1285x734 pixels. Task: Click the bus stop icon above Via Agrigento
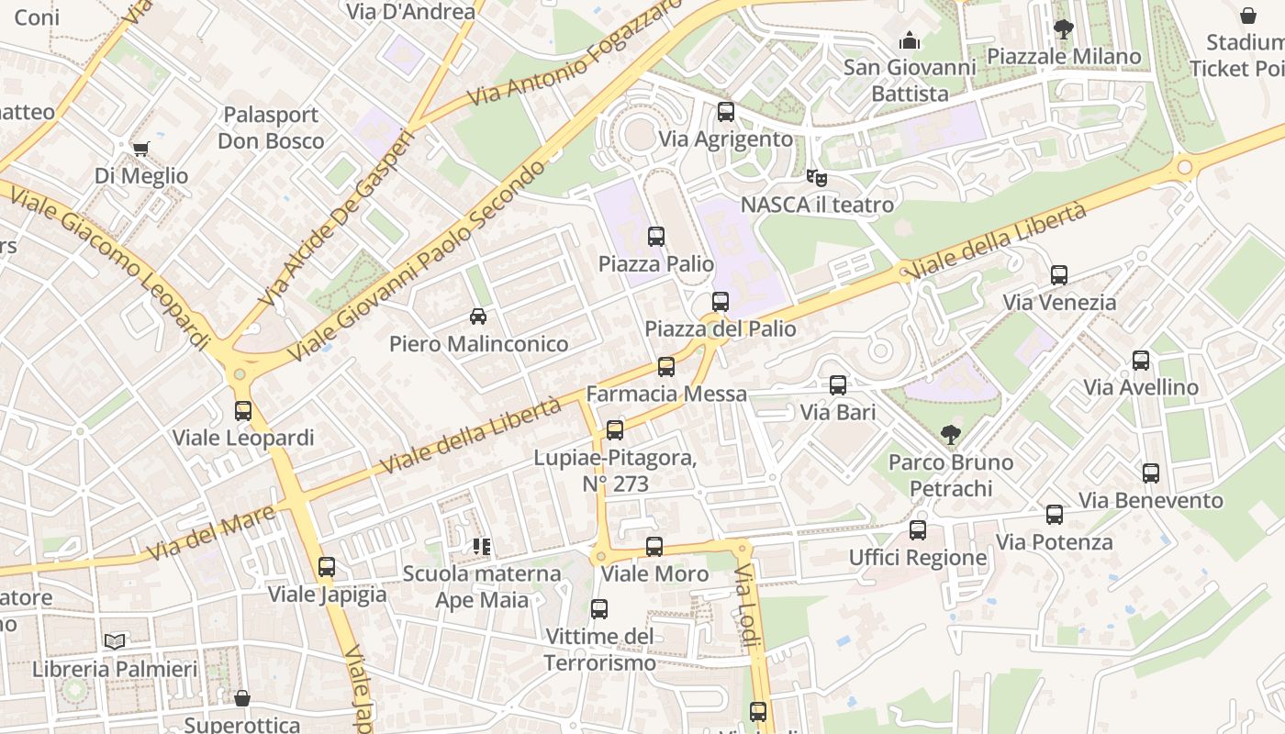pos(725,112)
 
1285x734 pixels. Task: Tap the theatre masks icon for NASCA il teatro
pos(816,177)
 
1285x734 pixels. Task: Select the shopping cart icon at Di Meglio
pos(140,149)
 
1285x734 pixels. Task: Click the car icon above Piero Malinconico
pos(477,317)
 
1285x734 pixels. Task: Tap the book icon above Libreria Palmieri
pos(114,641)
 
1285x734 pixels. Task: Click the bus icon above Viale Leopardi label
pos(243,411)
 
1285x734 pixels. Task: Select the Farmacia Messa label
pos(666,394)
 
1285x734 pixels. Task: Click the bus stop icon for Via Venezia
pos(1059,275)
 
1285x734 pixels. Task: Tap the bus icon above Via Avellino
pos(1141,361)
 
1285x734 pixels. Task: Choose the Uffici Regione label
pos(918,557)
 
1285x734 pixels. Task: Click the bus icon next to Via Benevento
pos(1151,473)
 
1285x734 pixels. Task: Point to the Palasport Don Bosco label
pos(271,128)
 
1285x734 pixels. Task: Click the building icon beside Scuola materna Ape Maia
pos(481,547)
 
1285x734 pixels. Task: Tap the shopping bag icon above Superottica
pos(242,698)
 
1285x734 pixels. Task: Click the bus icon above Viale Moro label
pos(654,547)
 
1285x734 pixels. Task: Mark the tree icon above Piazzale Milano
pos(1063,29)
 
